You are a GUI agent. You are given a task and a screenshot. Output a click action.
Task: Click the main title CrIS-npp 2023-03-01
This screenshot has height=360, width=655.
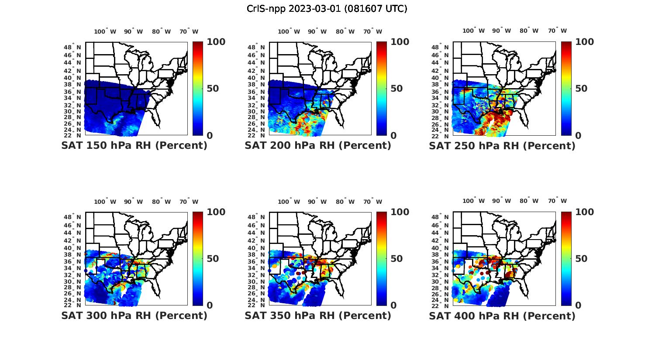(x=327, y=9)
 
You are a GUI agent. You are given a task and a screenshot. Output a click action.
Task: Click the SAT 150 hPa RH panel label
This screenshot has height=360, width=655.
(x=134, y=146)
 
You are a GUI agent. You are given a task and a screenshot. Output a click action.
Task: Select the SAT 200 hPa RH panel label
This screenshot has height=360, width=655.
(x=318, y=146)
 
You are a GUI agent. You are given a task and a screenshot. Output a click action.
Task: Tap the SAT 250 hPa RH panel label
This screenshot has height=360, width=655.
(x=502, y=146)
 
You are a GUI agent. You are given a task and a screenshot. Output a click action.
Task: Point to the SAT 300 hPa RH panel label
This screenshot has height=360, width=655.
(x=134, y=315)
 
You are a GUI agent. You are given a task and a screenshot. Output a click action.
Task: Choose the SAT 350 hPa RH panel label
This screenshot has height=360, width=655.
(x=318, y=315)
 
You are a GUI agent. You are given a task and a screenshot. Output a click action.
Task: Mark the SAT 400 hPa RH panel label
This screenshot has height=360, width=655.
(x=502, y=315)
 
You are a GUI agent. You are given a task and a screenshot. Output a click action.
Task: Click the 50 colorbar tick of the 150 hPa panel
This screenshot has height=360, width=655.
(x=213, y=89)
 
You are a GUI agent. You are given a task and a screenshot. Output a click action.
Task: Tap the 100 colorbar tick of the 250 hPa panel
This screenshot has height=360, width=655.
(x=585, y=42)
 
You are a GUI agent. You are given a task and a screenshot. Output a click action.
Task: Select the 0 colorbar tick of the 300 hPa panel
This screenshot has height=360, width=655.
(x=210, y=305)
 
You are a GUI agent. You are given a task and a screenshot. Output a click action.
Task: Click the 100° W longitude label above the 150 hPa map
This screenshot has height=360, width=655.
(x=105, y=31)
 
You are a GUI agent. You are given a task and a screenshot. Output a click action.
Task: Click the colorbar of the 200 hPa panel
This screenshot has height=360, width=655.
(x=382, y=89)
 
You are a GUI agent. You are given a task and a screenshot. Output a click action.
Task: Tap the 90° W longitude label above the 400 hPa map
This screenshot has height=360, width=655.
(x=501, y=201)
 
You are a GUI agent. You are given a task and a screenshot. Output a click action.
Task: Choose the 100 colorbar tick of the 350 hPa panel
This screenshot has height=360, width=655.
(x=400, y=212)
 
